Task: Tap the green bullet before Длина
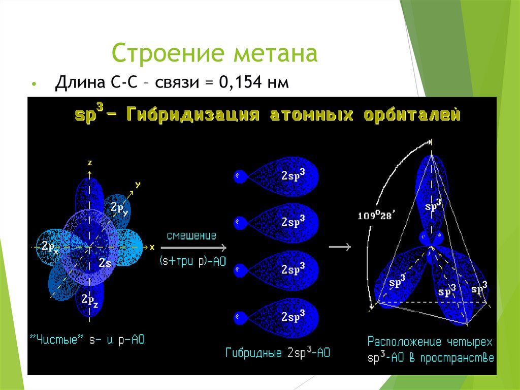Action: pos(34,83)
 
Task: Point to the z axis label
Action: pos(89,163)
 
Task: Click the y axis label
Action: pos(137,184)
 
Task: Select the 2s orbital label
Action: pos(105,263)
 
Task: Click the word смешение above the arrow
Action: pos(192,235)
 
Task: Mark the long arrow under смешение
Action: pos(193,248)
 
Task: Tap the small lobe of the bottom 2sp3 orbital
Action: pos(239,318)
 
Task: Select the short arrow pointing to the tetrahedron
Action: pos(340,247)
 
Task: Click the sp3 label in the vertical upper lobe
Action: pos(433,206)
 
